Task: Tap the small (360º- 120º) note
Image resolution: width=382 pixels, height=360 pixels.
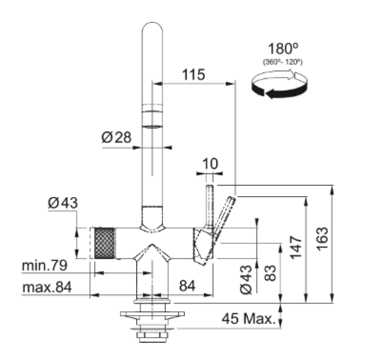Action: (283, 63)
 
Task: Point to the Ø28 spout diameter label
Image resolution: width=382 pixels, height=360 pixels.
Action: (116, 138)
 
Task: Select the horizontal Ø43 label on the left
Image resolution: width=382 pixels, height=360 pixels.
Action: (63, 203)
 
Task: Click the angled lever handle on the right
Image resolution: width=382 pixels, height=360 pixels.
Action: (223, 215)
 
